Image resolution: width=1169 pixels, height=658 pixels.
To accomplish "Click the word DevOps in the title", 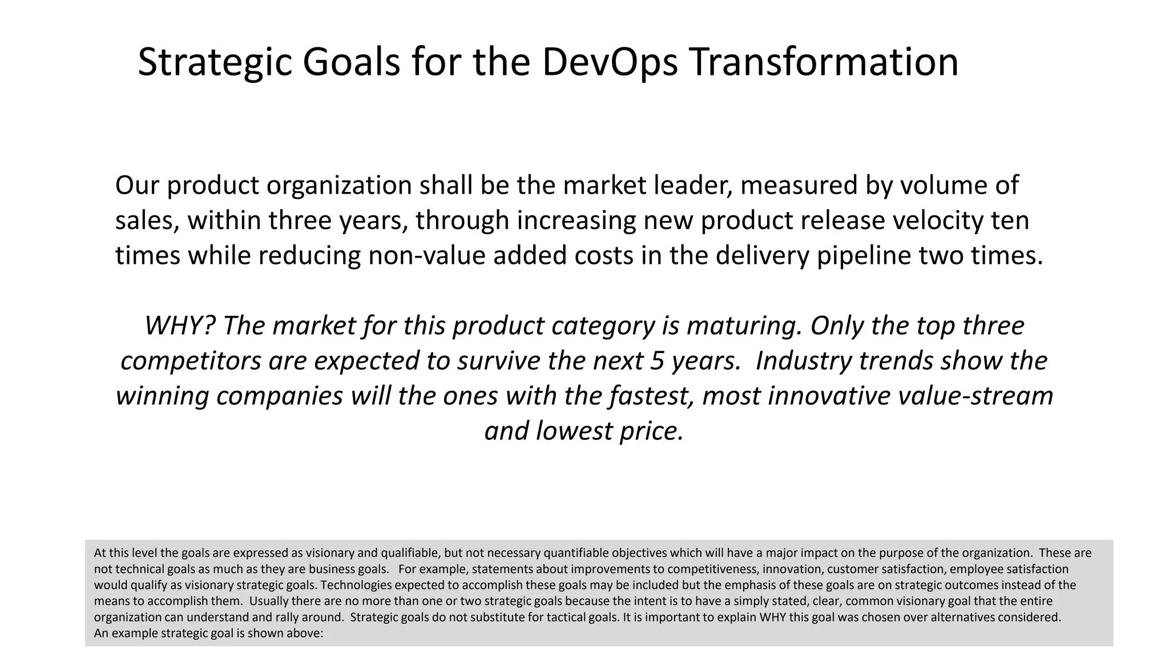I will point(610,62).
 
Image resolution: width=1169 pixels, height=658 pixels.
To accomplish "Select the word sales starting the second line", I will point(147,220).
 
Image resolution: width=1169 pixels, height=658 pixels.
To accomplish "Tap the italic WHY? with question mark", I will point(180,326).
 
